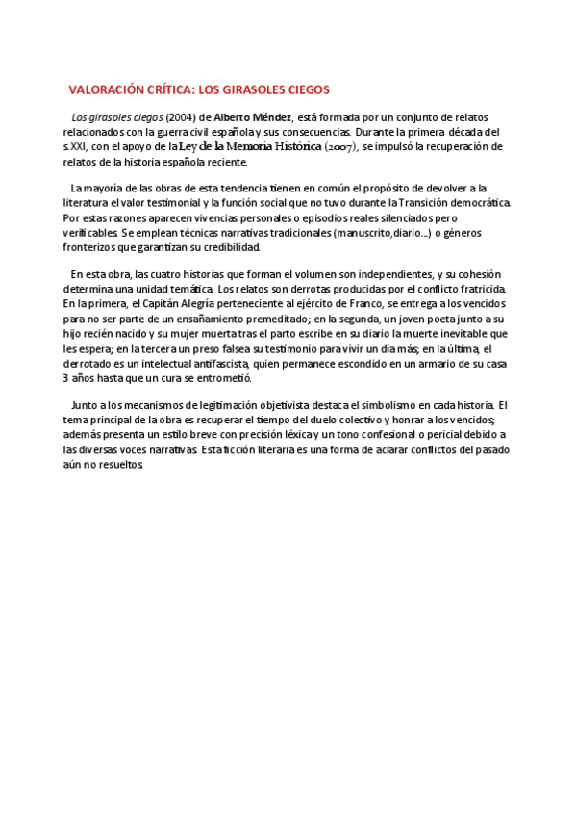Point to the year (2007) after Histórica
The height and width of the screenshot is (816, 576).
point(340,146)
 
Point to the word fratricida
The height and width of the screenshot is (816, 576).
point(491,290)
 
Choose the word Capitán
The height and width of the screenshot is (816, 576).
point(154,304)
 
